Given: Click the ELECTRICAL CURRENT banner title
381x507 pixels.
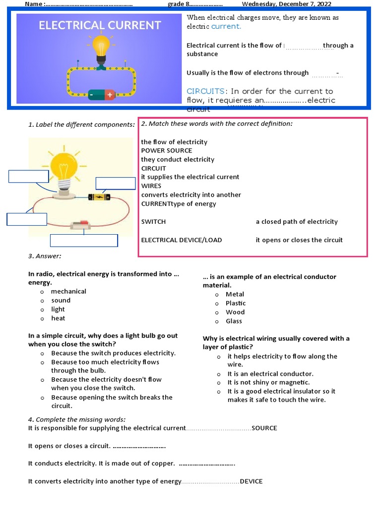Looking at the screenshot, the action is [x=100, y=25].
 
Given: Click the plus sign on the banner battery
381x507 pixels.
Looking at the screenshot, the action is [x=109, y=94].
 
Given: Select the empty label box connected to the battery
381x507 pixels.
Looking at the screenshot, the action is [x=116, y=183].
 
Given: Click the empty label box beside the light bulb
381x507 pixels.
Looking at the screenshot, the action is [x=29, y=176].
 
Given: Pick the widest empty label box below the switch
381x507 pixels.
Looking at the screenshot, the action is [x=84, y=241].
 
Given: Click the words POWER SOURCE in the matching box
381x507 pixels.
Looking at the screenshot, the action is [x=167, y=151].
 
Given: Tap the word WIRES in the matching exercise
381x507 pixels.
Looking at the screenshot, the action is [x=151, y=186].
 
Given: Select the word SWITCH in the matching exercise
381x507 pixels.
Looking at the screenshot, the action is [x=154, y=222].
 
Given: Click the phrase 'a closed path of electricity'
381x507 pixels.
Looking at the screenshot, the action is [x=297, y=222].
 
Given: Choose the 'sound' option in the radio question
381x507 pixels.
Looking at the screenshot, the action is [x=61, y=301].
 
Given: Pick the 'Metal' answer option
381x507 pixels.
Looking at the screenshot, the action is [x=235, y=295].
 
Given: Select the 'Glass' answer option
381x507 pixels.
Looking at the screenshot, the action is [x=234, y=321].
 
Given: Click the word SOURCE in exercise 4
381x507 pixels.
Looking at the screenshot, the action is [x=264, y=428].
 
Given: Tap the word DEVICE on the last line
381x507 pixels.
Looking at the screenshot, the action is [x=252, y=481].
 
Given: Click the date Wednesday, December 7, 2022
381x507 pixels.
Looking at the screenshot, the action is [x=286, y=4].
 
